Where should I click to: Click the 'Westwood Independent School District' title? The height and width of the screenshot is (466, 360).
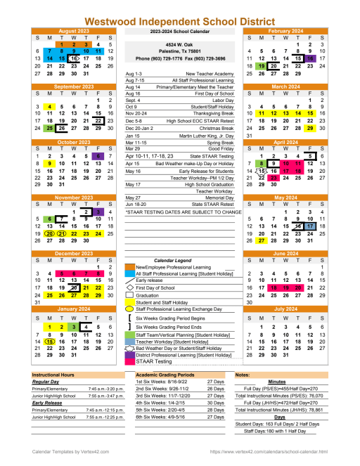179,22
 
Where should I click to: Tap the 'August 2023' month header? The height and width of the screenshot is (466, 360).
74,32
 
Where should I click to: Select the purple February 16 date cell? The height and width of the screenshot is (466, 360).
310,58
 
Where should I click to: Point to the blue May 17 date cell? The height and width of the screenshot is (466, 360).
310,226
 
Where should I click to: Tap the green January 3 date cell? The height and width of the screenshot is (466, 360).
74,327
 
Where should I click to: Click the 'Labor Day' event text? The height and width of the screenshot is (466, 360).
218,100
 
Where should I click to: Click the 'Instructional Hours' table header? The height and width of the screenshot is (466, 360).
55,376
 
